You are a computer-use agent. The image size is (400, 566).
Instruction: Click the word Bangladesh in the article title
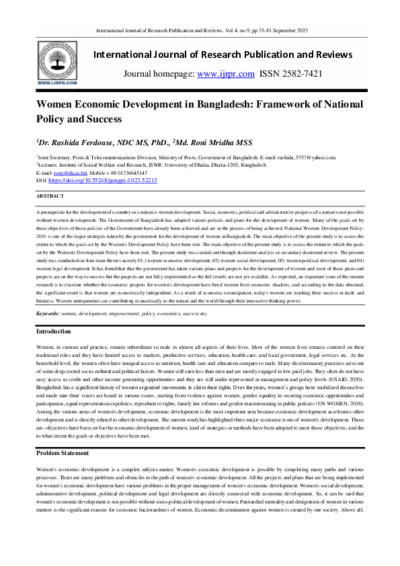[x=232, y=106]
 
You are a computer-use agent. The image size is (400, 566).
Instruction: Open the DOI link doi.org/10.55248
[x=101, y=181]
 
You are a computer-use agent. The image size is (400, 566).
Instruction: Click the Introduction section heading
[x=54, y=331]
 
